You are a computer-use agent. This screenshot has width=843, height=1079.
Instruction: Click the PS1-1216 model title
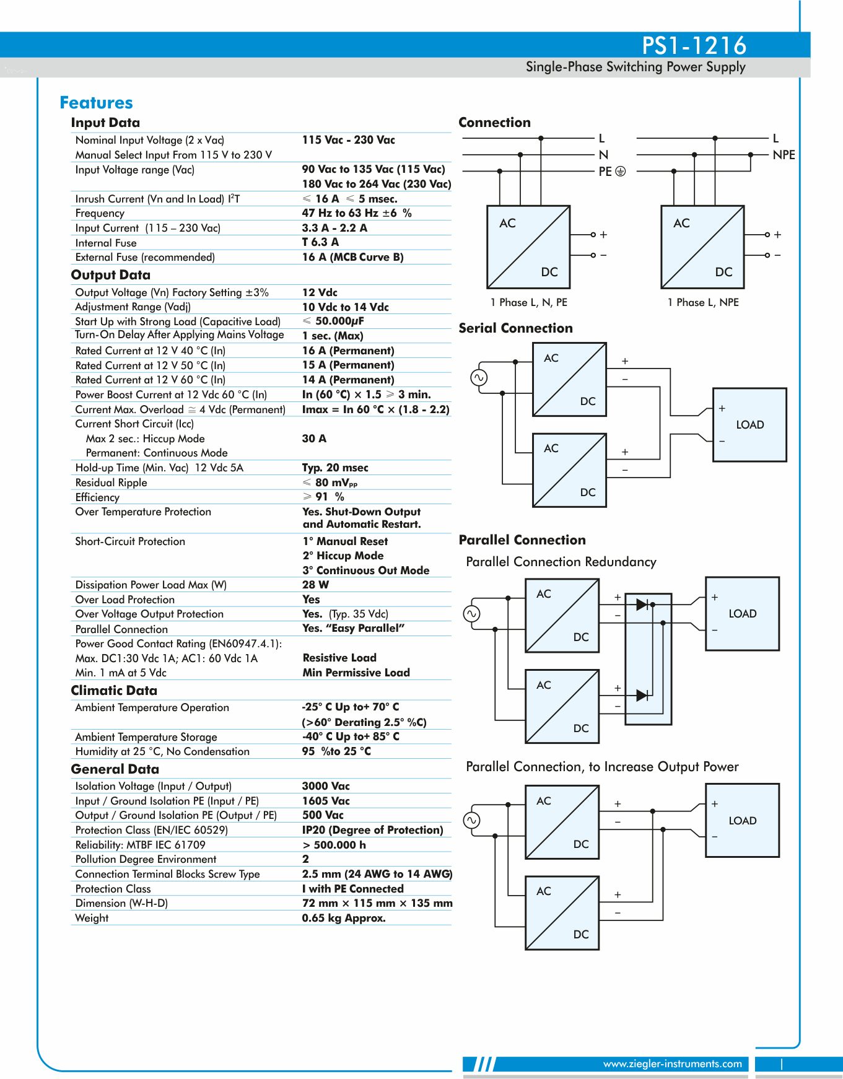coord(694,45)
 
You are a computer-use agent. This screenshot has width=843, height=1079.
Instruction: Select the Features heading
coord(96,103)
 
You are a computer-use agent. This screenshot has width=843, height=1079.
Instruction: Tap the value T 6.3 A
coord(320,242)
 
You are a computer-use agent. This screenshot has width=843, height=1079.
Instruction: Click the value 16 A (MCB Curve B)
coord(352,257)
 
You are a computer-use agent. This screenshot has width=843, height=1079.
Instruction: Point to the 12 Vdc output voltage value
coord(320,292)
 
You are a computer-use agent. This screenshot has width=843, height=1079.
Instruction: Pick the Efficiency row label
coord(97,497)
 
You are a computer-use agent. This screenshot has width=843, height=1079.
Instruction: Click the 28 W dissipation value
coord(315,585)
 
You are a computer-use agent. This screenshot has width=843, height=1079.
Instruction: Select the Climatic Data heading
coord(114,691)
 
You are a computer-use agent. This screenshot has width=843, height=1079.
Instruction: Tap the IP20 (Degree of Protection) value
coord(372,830)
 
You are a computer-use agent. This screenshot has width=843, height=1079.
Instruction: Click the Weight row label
coord(92,918)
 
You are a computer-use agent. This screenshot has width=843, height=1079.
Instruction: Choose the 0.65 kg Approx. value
coord(344,918)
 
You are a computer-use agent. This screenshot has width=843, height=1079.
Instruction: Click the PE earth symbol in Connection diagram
coord(620,171)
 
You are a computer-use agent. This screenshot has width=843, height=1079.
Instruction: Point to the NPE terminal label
coord(784,155)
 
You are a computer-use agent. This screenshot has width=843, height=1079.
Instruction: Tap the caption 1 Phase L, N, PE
coord(528,302)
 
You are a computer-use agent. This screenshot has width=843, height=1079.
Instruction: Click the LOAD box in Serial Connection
coord(749,425)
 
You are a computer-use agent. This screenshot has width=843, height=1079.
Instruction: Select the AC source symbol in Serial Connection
coord(479,377)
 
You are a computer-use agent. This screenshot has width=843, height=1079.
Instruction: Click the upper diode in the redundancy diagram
coord(642,604)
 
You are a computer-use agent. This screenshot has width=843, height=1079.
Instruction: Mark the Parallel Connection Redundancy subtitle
coord(561,562)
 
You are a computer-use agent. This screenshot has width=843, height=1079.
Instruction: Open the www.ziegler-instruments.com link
coord(672,1064)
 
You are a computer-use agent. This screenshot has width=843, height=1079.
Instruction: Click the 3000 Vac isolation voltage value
coord(326,786)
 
